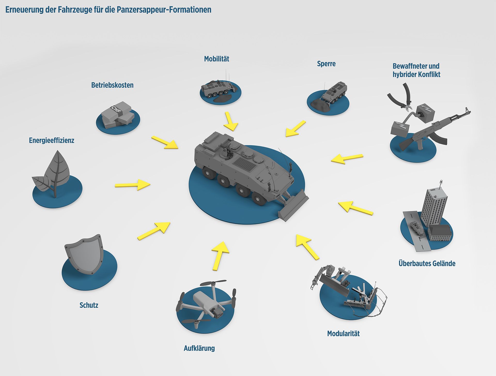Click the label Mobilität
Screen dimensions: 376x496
pyautogui.click(x=216, y=59)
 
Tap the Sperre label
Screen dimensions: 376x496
pyautogui.click(x=326, y=64)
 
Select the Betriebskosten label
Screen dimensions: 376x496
pyautogui.click(x=112, y=85)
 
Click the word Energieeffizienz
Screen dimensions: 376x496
pyautogui.click(x=51, y=140)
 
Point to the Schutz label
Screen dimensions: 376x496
pyautogui.click(x=89, y=305)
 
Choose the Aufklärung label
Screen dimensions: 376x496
pyautogui.click(x=199, y=348)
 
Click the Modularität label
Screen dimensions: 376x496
pyautogui.click(x=343, y=333)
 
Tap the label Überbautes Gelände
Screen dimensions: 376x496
pyautogui.click(x=427, y=264)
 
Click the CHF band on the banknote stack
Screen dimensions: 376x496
pyautogui.click(x=116, y=110)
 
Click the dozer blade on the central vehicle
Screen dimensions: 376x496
pyautogui.click(x=293, y=206)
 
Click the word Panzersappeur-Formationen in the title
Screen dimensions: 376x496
pyautogui.click(x=164, y=10)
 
